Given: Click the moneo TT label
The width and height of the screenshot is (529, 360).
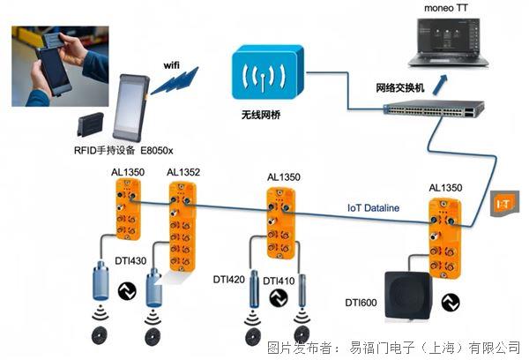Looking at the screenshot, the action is pyautogui.click(x=445, y=8).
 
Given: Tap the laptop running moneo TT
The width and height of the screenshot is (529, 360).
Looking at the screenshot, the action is pyautogui.click(x=449, y=42).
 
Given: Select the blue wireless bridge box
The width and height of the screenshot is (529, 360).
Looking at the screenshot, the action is pyautogui.click(x=268, y=72).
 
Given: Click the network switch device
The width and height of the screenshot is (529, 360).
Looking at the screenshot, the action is pyautogui.click(x=434, y=109).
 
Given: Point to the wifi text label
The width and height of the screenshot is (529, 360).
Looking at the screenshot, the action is pyautogui.click(x=171, y=64).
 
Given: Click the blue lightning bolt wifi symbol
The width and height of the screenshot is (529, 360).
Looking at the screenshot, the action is pyautogui.click(x=175, y=80).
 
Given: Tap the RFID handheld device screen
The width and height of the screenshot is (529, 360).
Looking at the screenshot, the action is pyautogui.click(x=130, y=106).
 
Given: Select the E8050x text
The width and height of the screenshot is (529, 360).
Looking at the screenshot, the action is pyautogui.click(x=157, y=151).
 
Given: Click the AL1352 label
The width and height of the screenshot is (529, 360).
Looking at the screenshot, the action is pyautogui.click(x=183, y=172).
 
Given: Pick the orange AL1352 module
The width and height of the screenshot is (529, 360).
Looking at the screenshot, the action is pyautogui.click(x=183, y=226).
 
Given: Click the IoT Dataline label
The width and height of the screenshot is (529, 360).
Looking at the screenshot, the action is pyautogui.click(x=373, y=207).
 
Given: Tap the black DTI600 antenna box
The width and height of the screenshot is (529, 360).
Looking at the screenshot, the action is pyautogui.click(x=409, y=296).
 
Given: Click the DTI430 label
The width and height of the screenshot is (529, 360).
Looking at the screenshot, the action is pyautogui.click(x=130, y=260).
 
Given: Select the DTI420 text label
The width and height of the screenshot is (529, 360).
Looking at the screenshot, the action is pyautogui.click(x=228, y=280).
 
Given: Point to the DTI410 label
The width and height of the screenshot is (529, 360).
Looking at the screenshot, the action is pyautogui.click(x=279, y=281).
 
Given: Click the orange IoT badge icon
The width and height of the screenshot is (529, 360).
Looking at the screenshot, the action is pyautogui.click(x=504, y=203).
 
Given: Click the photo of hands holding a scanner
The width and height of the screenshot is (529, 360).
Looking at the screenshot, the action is pyautogui.click(x=60, y=66).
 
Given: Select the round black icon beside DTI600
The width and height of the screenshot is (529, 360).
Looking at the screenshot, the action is pyautogui.click(x=451, y=303).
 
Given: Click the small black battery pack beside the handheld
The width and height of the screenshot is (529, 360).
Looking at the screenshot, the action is pyautogui.click(x=90, y=124).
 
